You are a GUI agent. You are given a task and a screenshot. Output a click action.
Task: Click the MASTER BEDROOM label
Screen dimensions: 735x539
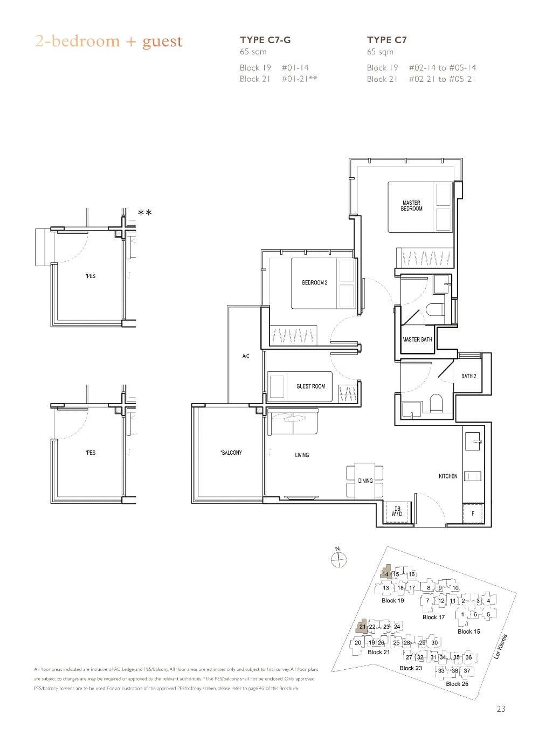pos(411,206)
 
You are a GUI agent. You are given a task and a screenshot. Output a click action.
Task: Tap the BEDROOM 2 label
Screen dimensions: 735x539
pos(314,283)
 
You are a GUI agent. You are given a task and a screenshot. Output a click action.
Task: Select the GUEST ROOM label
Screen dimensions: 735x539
pos(311,386)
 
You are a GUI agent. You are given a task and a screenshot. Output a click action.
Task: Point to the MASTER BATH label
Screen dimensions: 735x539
pos(417,339)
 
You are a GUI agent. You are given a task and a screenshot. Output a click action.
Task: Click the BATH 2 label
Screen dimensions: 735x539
pos(468,376)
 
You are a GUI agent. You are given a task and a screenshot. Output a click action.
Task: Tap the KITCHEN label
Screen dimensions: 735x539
pos(448,476)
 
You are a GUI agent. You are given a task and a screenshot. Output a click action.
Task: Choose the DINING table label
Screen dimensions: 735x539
pos(365,481)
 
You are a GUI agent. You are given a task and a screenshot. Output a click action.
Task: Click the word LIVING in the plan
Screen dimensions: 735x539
pos(302,455)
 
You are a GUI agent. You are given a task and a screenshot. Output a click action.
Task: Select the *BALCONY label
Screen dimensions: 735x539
pos(231,453)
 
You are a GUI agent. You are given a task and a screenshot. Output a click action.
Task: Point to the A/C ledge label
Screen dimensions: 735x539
pos(245,357)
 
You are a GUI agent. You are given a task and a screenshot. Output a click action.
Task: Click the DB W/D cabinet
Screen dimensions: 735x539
pos(397,511)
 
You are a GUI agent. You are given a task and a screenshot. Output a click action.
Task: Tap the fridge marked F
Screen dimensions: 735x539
pos(473,514)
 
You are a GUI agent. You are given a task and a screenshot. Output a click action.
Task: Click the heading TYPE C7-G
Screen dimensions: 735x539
pos(268,39)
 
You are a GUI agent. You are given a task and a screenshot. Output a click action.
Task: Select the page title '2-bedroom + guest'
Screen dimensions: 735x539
pos(109,41)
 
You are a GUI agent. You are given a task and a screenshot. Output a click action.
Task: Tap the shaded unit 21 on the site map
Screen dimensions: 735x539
pos(362,627)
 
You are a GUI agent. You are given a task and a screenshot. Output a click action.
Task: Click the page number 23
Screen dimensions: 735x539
pos(501,709)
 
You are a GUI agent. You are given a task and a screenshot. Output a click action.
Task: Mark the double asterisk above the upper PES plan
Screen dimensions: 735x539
pos(144,213)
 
